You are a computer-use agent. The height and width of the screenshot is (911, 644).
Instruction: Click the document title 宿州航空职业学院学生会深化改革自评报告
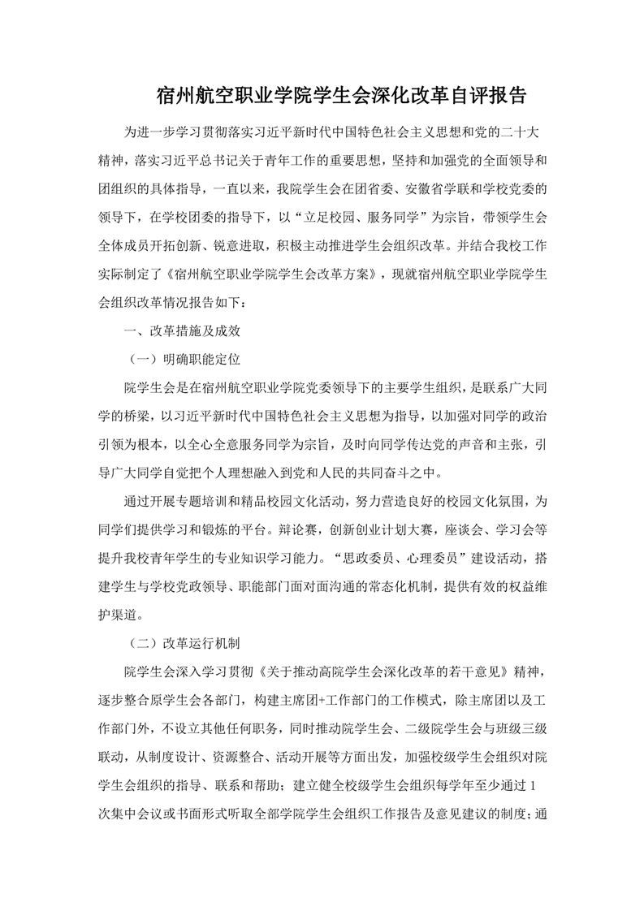pos(342,97)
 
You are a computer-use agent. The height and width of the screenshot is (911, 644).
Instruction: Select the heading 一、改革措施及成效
pos(179,330)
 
